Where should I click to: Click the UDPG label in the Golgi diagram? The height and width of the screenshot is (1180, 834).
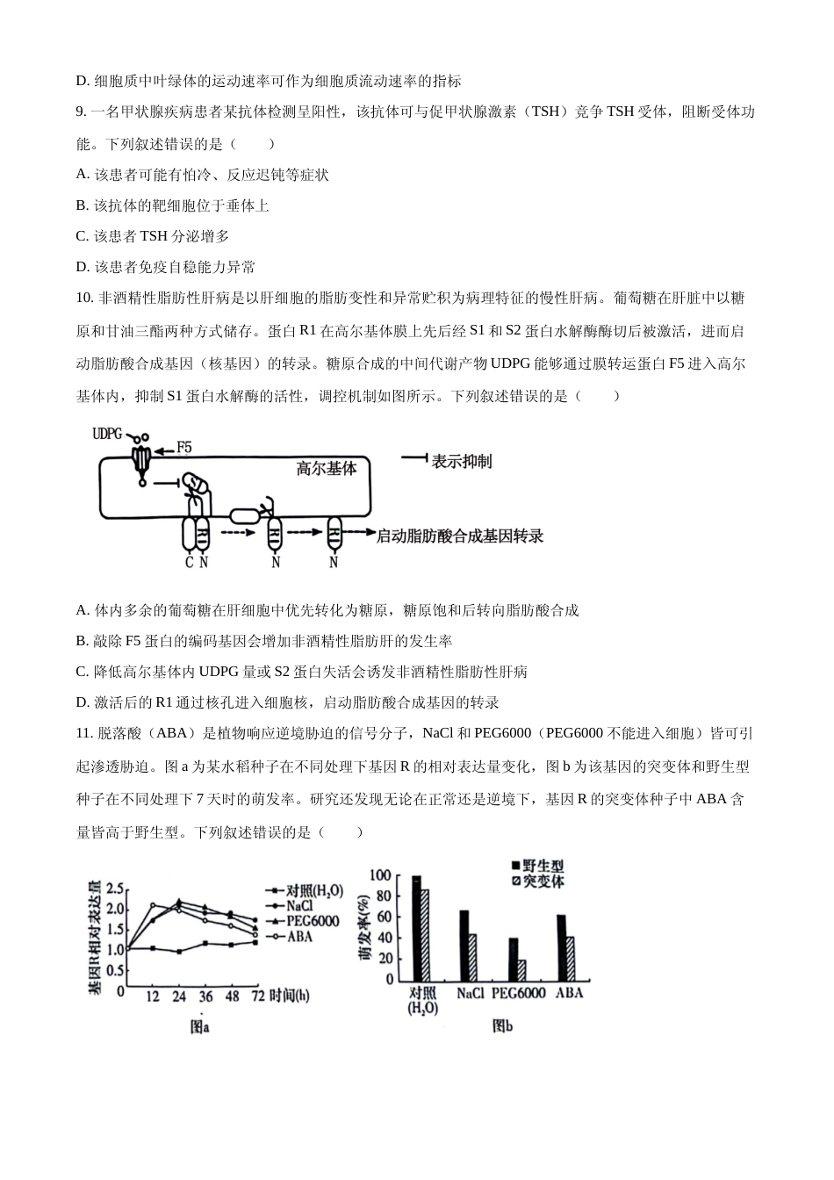107,434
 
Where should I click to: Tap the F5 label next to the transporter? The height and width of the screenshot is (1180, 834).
183,448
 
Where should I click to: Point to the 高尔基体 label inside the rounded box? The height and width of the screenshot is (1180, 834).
327,468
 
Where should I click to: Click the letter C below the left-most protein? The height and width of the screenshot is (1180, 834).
189,563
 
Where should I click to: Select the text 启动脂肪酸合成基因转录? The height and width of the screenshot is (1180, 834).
460,535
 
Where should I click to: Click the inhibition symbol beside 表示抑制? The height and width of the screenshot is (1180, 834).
413,459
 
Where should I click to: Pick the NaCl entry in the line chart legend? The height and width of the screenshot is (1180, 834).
299,905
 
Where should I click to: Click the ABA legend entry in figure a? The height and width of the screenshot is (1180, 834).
298,936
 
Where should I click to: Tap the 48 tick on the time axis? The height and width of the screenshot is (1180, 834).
232,997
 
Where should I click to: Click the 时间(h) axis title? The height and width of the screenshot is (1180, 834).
289,996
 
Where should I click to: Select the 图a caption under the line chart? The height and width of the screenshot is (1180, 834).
200,1026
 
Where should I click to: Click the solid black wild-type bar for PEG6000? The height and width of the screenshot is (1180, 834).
514,960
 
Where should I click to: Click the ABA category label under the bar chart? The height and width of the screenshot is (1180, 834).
569,993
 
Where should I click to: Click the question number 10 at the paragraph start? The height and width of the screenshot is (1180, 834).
84,298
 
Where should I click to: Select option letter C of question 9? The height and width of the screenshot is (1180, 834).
82,236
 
